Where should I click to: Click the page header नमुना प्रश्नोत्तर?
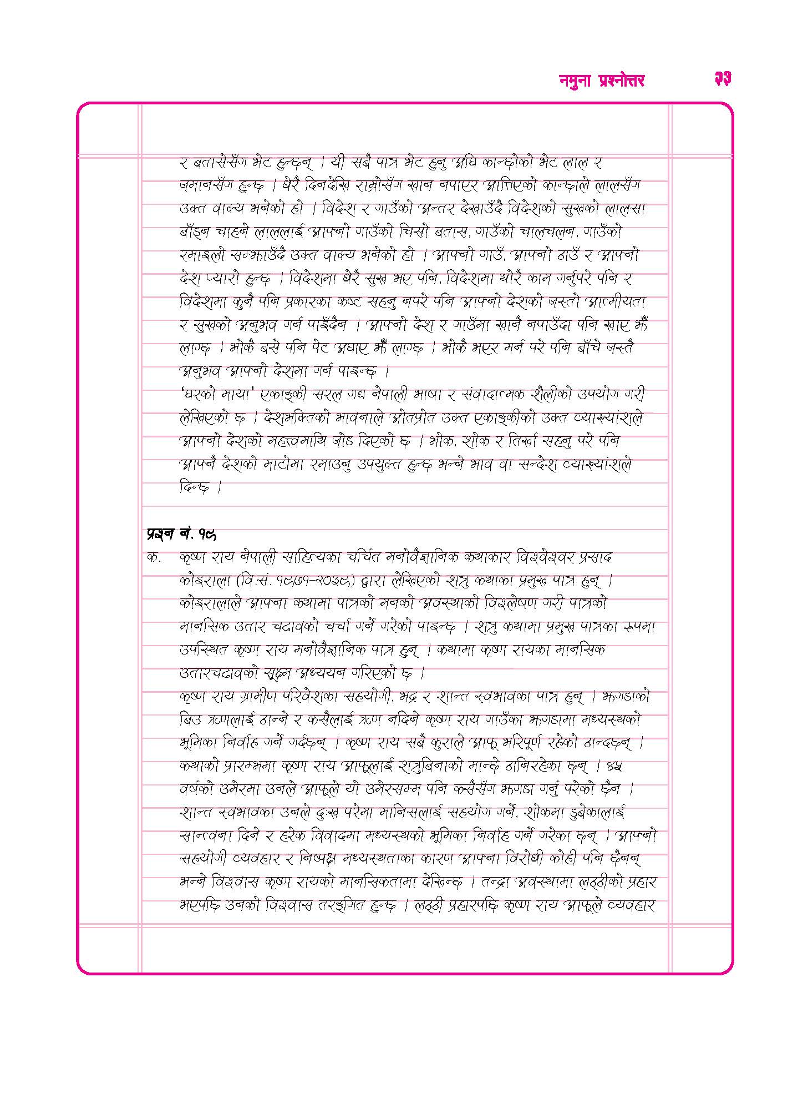601,80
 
